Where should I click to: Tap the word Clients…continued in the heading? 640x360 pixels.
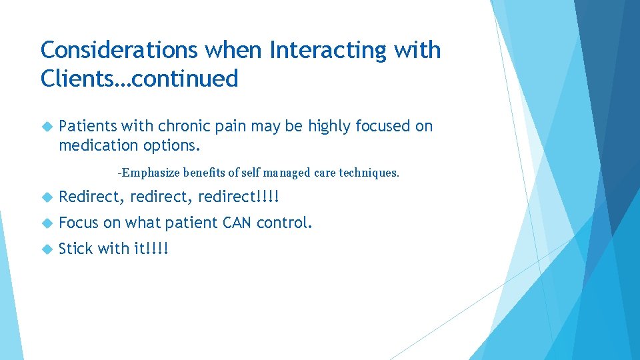coord(139,79)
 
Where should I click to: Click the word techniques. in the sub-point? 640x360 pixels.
coord(369,173)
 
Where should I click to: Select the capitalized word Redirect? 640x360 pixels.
coord(92,197)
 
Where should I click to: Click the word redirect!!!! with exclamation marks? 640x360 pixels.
coord(239,197)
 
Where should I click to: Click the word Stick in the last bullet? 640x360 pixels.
coord(76,249)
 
